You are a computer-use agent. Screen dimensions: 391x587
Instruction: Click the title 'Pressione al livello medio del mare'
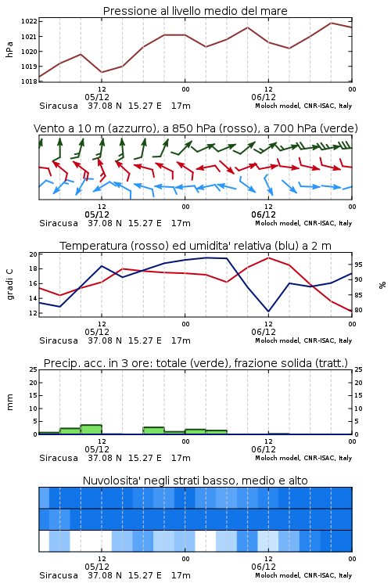pyautogui.click(x=195, y=11)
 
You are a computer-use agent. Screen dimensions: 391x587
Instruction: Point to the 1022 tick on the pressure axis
pyautogui.click(x=29, y=21)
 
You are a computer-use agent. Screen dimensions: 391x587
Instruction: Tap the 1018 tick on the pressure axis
pyautogui.click(x=29, y=81)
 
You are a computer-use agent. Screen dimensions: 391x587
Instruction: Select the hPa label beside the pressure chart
pyautogui.click(x=9, y=49)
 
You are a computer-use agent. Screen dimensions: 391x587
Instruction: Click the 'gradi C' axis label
pyautogui.click(x=9, y=285)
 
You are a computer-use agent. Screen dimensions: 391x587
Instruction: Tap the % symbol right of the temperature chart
pyautogui.click(x=382, y=285)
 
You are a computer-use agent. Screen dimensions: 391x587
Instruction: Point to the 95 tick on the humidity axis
pyautogui.click(x=358, y=265)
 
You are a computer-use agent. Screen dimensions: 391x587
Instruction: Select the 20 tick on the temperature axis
pyautogui.click(x=34, y=254)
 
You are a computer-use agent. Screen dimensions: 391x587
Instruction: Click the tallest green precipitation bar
pyautogui.click(x=91, y=430)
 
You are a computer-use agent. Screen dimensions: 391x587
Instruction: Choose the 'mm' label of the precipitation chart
pyautogui.click(x=9, y=402)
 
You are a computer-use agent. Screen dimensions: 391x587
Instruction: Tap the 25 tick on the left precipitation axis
pyautogui.click(x=34, y=369)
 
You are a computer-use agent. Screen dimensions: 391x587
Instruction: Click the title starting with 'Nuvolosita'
pyautogui.click(x=195, y=481)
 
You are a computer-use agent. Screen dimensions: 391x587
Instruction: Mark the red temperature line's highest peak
pyautogui.click(x=268, y=257)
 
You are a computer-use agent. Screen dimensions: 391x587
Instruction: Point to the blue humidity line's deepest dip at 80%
pyautogui.click(x=268, y=311)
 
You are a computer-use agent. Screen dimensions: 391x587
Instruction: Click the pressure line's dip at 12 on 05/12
pyautogui.click(x=102, y=72)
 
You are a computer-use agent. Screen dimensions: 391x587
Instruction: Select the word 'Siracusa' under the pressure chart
pyautogui.click(x=59, y=106)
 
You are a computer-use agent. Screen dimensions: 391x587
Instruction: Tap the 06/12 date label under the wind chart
pyautogui.click(x=264, y=214)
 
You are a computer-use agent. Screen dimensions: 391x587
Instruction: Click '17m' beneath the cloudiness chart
pyautogui.click(x=181, y=575)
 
